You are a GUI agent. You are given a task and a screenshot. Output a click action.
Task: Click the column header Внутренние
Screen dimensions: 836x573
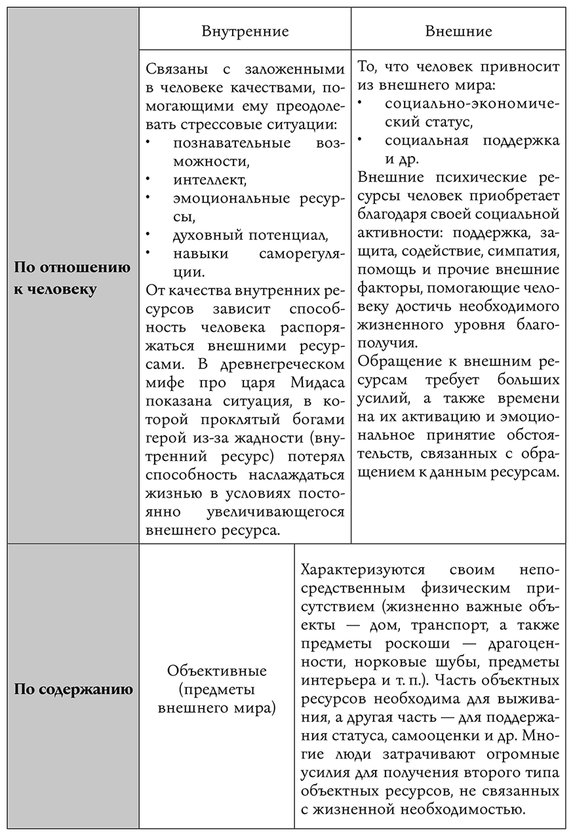coord(245,31)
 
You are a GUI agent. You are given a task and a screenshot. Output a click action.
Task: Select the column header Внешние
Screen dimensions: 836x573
coord(458,31)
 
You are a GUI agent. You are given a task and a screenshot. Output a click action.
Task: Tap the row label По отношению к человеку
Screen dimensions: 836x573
coord(73,278)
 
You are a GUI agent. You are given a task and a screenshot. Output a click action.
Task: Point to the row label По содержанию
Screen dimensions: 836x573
coord(73,689)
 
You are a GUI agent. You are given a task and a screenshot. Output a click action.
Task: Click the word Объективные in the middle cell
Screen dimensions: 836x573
coord(216,671)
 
